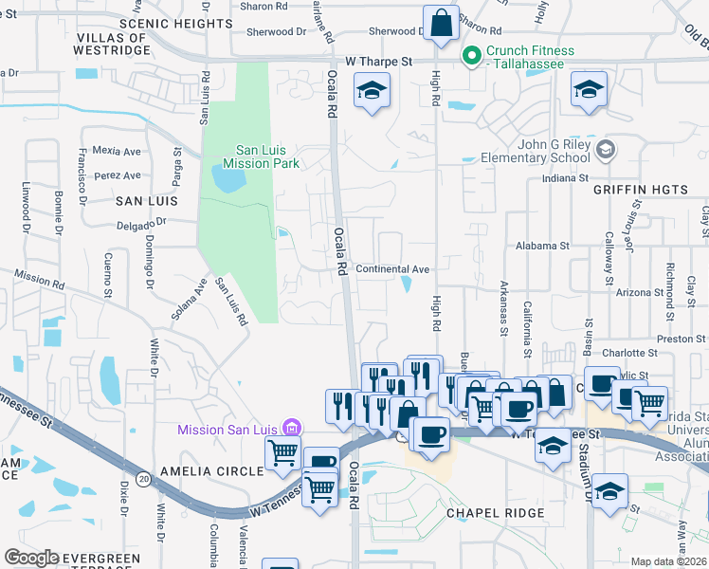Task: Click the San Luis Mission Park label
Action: click(267, 156)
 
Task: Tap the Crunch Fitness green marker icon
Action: click(471, 56)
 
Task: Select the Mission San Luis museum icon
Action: click(291, 430)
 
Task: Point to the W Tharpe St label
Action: click(379, 61)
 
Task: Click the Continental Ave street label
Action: click(392, 269)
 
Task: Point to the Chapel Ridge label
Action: click(495, 513)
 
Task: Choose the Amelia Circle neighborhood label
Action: click(212, 471)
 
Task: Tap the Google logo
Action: click(32, 558)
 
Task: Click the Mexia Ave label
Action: click(117, 151)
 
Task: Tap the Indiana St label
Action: click(565, 178)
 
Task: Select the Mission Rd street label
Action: click(38, 276)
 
